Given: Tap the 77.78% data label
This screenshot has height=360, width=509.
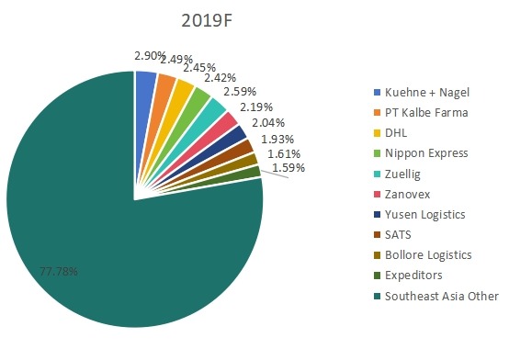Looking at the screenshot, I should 58,273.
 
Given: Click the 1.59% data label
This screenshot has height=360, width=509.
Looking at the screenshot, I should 287,168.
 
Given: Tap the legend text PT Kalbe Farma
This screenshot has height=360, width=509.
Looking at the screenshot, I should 427,112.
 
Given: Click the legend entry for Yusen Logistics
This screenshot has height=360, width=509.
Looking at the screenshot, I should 425,214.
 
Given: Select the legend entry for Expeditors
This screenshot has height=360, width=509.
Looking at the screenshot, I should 413,276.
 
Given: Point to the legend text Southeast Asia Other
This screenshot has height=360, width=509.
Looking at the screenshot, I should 440,296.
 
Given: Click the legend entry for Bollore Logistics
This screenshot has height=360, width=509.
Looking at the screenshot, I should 429,255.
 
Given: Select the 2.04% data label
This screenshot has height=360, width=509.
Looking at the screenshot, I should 267,123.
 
